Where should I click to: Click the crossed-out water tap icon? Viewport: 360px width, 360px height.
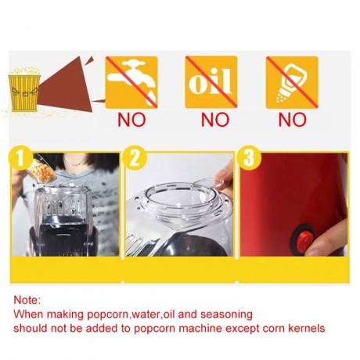click(131, 82)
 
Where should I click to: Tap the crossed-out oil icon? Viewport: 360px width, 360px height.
click(211, 82)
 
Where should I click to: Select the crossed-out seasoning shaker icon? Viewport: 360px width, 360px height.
click(292, 82)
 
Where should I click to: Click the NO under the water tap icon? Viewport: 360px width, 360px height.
click(131, 120)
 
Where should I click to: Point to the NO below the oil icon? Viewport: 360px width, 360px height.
click(215, 120)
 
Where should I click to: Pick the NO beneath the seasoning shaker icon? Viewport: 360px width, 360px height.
click(292, 120)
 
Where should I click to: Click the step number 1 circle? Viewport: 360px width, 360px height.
click(20, 158)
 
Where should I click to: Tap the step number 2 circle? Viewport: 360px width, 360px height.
click(135, 158)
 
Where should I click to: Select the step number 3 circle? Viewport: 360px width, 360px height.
click(249, 158)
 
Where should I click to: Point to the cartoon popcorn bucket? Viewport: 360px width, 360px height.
click(24, 89)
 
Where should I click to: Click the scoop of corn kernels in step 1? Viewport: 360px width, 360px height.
click(45, 169)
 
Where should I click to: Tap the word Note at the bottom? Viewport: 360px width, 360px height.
click(27, 300)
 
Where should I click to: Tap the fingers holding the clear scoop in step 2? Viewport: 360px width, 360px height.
click(223, 175)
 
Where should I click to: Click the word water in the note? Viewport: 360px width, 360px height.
click(145, 315)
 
